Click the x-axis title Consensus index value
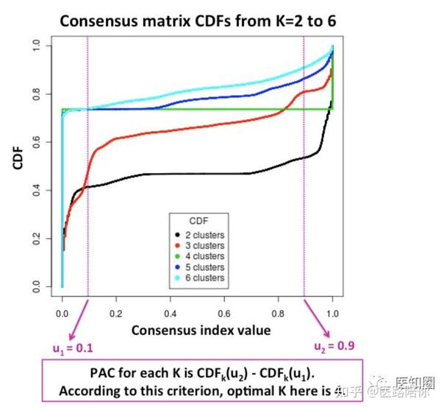click(x=201, y=330)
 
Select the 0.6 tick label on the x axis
click(x=225, y=312)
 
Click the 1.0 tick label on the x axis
click(x=333, y=312)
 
